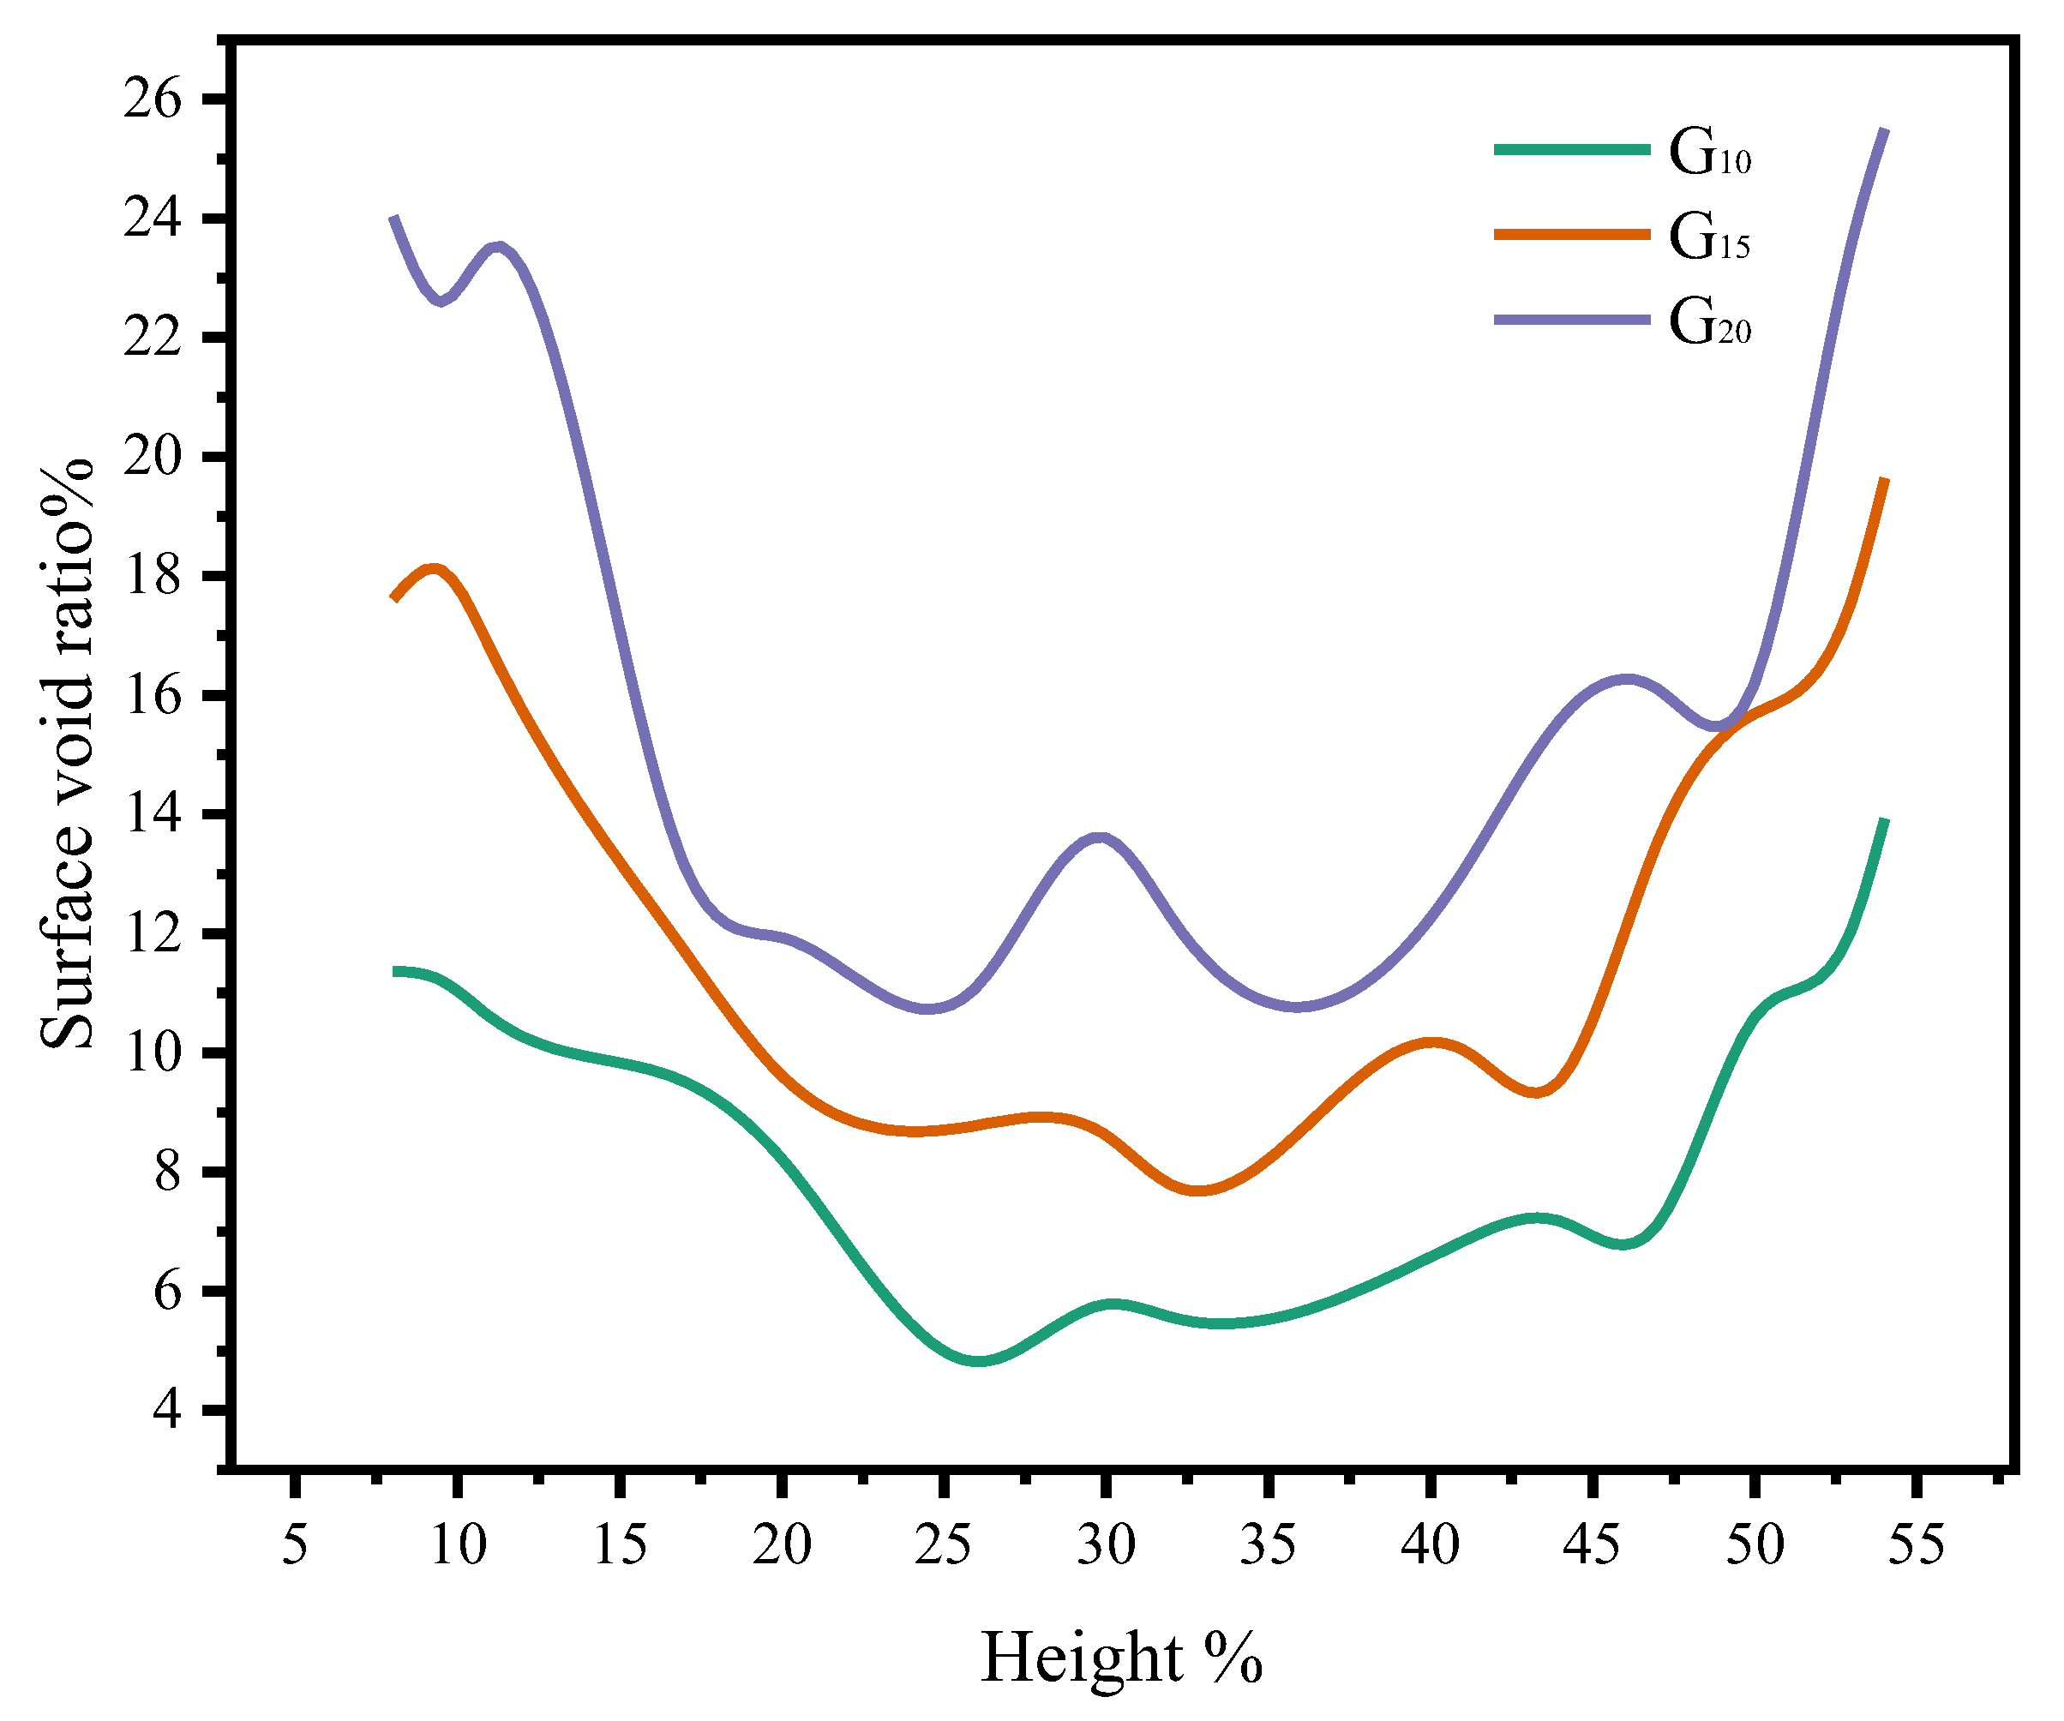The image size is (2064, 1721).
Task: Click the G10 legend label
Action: pyautogui.click(x=1710, y=153)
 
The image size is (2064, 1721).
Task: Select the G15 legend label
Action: pyautogui.click(x=1710, y=238)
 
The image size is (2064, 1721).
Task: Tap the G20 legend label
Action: pyautogui.click(x=1710, y=322)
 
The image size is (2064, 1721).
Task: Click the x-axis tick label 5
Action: pyautogui.click(x=294, y=1545)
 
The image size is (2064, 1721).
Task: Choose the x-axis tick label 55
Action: pyautogui.click(x=1917, y=1545)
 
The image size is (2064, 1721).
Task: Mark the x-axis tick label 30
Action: pyautogui.click(x=1106, y=1545)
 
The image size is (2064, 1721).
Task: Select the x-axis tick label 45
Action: pyautogui.click(x=1593, y=1545)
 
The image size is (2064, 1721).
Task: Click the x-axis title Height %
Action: pyautogui.click(x=1121, y=1658)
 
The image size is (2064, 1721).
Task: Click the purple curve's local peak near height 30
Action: pyautogui.click(x=1100, y=837)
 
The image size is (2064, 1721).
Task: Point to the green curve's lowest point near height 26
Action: pyautogui.click(x=979, y=1361)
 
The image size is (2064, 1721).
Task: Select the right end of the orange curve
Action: pyautogui.click(x=1884, y=480)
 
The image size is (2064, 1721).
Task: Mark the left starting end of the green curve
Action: pyautogui.click(x=395, y=971)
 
